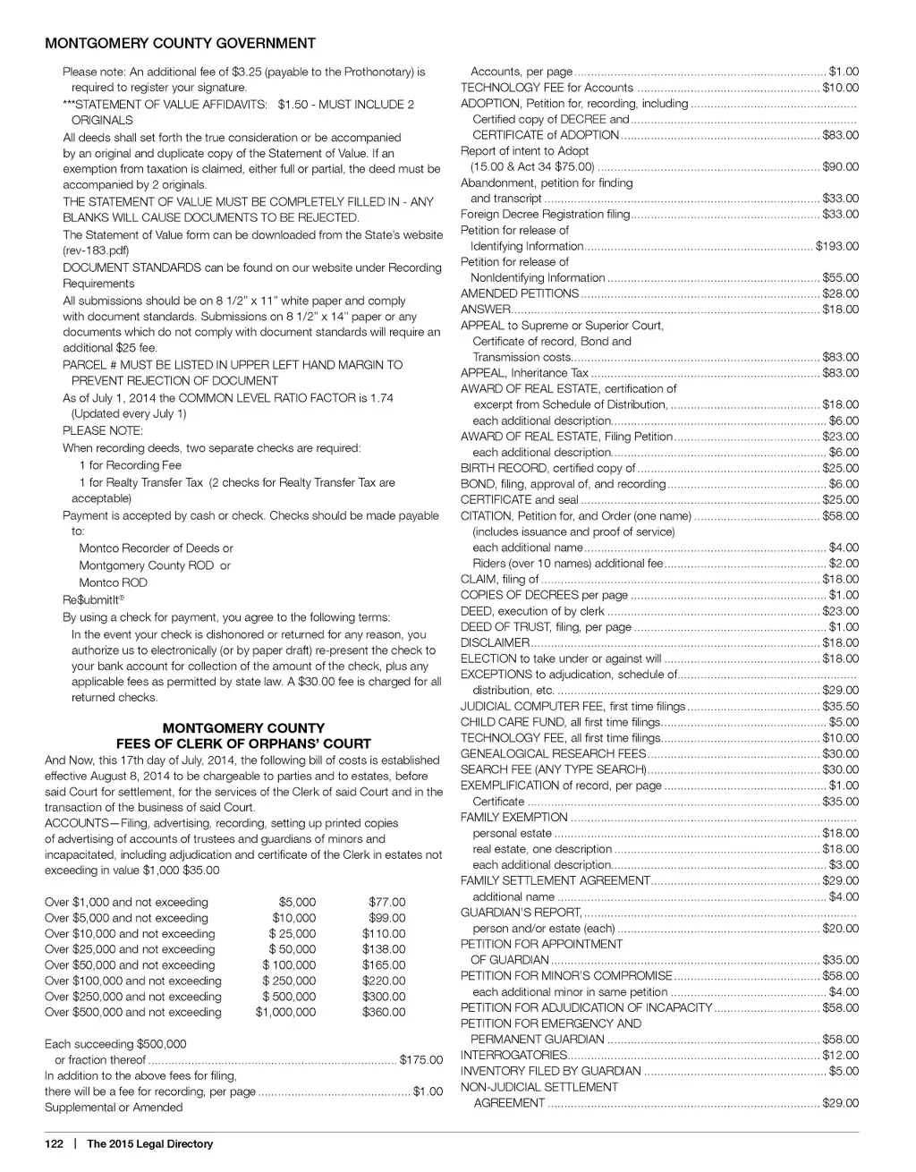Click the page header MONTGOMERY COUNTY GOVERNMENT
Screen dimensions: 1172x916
coord(180,43)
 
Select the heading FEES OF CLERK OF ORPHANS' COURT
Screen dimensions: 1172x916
coord(243,743)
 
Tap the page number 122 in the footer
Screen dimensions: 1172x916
coord(54,1143)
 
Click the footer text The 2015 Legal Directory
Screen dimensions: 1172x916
coord(149,1143)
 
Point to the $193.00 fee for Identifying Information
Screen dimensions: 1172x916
coord(837,246)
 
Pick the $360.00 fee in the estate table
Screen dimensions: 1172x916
coord(384,1012)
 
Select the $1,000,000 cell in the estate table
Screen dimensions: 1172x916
coord(285,1012)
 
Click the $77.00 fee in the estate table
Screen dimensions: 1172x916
coord(386,902)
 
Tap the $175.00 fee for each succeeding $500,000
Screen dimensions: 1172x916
coord(420,1060)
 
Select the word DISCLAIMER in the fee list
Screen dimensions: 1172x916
coord(495,642)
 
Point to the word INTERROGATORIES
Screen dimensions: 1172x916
coord(513,1055)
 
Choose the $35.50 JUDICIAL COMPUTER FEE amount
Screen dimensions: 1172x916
coord(840,706)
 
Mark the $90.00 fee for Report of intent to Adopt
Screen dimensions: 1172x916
coord(840,166)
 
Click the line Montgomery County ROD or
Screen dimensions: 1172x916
coord(154,565)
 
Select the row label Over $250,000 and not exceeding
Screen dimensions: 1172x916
coord(133,997)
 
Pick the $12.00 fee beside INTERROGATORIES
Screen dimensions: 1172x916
coord(840,1055)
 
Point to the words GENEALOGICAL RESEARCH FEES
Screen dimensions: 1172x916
coord(553,753)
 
